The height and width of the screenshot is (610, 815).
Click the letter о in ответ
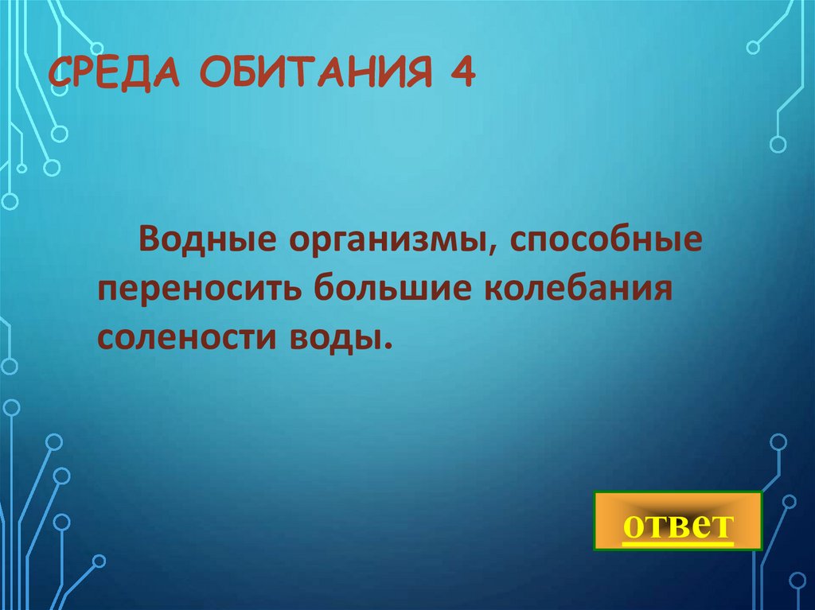pyautogui.click(x=634, y=526)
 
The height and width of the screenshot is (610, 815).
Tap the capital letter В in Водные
pyautogui.click(x=151, y=239)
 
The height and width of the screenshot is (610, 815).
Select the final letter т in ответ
pyautogui.click(x=721, y=526)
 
